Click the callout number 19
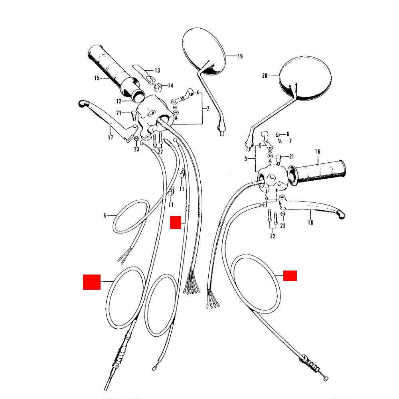[x=240, y=56]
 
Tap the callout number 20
[x=265, y=76]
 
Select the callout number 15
[x=97, y=78]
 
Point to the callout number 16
[x=318, y=152]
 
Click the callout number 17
[x=111, y=137]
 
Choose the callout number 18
[x=310, y=222]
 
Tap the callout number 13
[x=157, y=70]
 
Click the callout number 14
[x=170, y=86]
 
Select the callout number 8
[x=105, y=215]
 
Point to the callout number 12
[x=119, y=101]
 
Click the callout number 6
[x=288, y=134]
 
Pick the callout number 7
[x=290, y=141]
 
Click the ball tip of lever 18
[x=341, y=215]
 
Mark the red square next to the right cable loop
[x=290, y=276]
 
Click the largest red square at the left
[x=92, y=282]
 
